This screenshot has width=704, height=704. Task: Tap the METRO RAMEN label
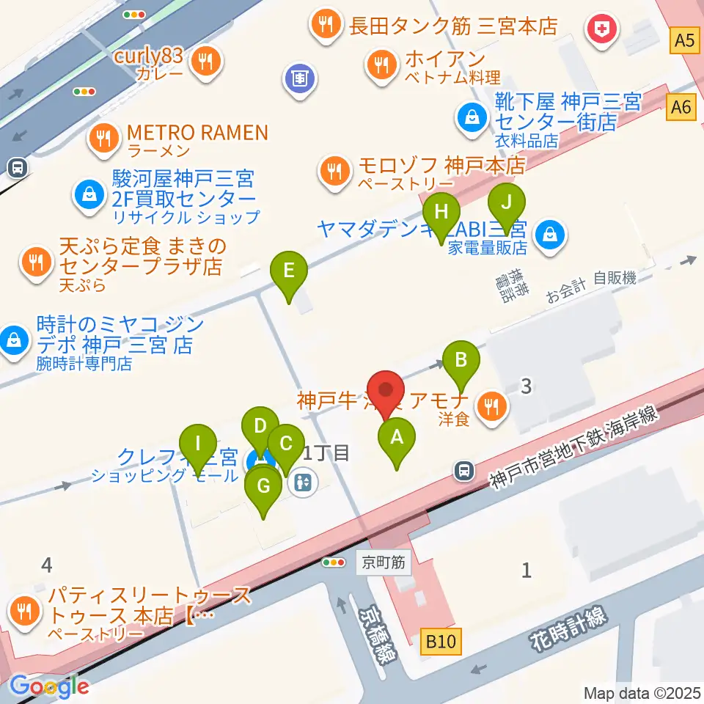[x=197, y=133]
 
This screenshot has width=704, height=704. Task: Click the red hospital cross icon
[x=604, y=30]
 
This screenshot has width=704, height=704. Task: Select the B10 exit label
[x=442, y=643]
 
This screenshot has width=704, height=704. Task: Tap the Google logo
[x=49, y=686]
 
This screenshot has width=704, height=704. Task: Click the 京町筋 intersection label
[x=384, y=564]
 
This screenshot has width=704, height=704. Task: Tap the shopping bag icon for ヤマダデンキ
[x=549, y=235]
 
